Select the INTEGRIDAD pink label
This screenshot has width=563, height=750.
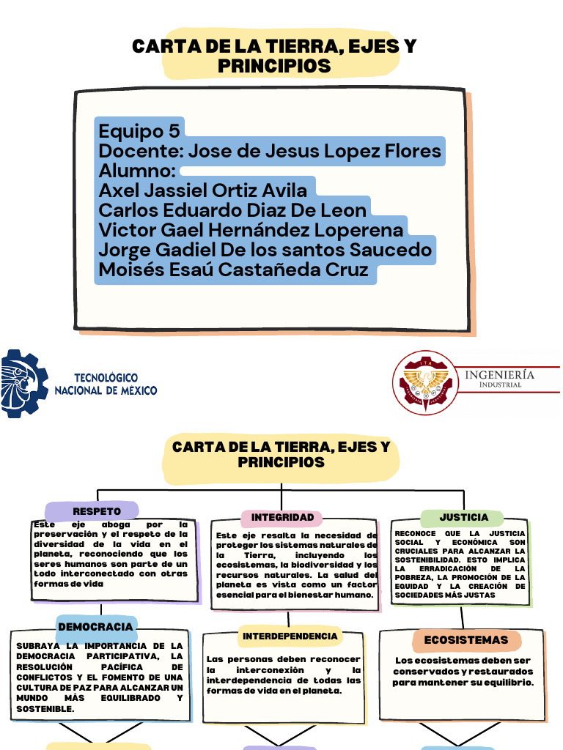coord(282,518)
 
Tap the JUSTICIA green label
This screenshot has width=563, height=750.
coord(463,518)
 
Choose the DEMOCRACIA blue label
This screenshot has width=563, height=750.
coord(95,627)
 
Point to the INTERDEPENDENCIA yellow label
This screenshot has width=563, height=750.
coord(290,636)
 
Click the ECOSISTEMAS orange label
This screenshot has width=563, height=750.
coord(466,640)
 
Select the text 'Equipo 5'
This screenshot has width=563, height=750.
coord(139,132)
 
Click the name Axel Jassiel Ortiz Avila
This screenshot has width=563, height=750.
coord(203,190)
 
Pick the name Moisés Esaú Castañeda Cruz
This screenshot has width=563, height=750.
coord(233,270)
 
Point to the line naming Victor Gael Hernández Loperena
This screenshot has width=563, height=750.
coord(251,230)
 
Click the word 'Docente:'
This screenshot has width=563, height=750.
coord(140,152)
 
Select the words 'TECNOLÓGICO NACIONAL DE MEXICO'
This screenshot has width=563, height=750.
coord(106,385)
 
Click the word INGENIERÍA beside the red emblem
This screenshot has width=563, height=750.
coord(499,375)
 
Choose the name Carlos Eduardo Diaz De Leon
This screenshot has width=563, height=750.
coord(232,210)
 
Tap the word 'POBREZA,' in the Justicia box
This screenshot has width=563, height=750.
coord(414,577)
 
